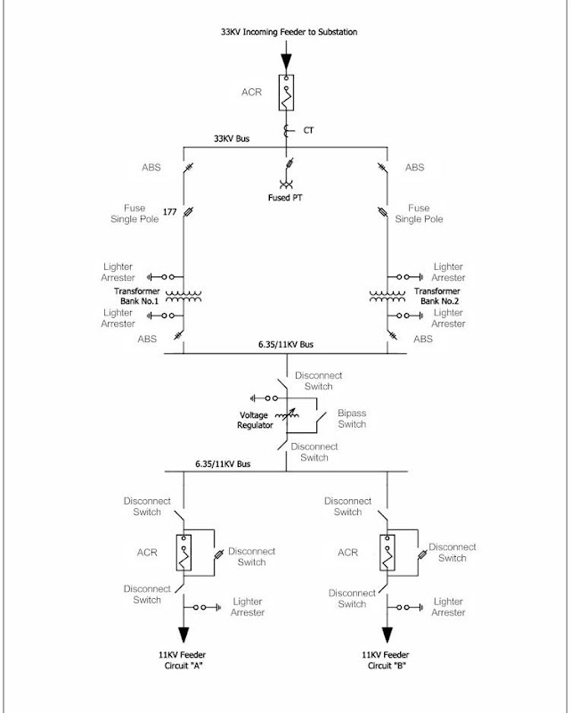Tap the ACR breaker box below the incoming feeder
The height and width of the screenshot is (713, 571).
(285, 93)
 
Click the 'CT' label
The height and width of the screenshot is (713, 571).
(308, 131)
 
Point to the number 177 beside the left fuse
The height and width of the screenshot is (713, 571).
(168, 213)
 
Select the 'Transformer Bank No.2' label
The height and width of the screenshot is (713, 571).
(436, 296)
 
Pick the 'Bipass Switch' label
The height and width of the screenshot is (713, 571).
(352, 419)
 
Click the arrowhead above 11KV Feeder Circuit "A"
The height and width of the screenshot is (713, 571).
(184, 635)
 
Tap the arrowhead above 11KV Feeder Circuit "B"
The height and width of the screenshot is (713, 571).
(387, 635)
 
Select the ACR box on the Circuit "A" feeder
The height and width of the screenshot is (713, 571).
(184, 553)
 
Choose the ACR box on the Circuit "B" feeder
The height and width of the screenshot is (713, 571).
(387, 553)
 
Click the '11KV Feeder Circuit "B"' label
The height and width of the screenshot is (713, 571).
(387, 660)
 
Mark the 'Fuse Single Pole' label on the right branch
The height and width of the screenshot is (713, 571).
(419, 214)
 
